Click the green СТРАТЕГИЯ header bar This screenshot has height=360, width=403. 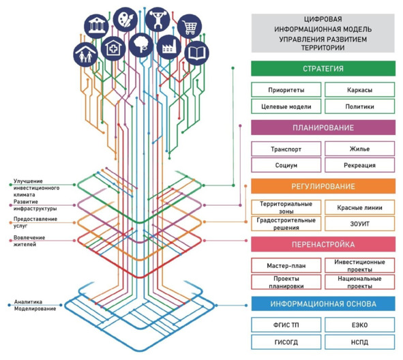click(x=323, y=68)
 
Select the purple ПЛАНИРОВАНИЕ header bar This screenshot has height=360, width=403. click(x=323, y=127)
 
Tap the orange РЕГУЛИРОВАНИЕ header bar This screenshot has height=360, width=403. click(x=323, y=186)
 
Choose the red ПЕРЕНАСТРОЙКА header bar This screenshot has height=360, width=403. click(x=323, y=244)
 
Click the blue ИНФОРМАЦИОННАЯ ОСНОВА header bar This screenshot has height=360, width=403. click(x=323, y=303)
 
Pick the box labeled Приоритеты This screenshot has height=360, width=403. click(x=286, y=90)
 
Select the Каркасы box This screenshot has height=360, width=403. click(x=359, y=90)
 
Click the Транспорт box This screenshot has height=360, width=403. click(x=286, y=149)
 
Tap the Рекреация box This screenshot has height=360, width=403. click(x=359, y=165)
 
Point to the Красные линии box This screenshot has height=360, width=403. click(x=359, y=207)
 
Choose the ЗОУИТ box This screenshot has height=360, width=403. click(x=359, y=224)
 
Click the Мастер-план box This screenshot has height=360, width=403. click(x=286, y=265)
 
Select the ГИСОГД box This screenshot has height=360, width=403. click(x=286, y=342)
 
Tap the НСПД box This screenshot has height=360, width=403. click(x=359, y=342)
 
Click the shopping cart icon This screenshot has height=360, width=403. click(x=190, y=27)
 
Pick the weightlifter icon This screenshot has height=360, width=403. click(x=158, y=19)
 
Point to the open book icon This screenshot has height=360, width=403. click(x=197, y=53)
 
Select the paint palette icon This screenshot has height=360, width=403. click(x=125, y=20)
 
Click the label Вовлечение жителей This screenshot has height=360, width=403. click(x=29, y=241)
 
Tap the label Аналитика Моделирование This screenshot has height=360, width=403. click(x=35, y=305)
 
